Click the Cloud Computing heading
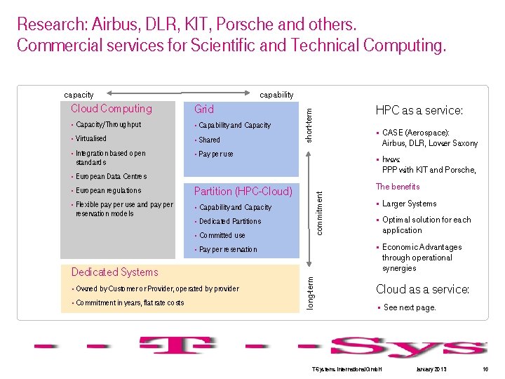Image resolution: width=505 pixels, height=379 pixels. [x=111, y=109]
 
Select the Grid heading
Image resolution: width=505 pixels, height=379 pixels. [x=204, y=109]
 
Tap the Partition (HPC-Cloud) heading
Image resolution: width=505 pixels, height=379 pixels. [x=243, y=192]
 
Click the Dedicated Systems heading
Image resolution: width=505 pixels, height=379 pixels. [x=115, y=272]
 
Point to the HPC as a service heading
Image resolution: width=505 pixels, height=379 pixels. [x=419, y=110]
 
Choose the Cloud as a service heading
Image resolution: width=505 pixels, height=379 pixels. [x=422, y=289]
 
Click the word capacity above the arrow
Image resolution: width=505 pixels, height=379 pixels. [x=79, y=95]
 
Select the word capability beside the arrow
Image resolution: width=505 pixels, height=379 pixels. [x=276, y=95]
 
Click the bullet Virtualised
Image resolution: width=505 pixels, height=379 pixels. [x=91, y=139]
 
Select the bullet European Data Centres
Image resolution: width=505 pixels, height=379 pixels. [x=111, y=176]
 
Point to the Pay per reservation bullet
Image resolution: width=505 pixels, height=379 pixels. [x=228, y=249]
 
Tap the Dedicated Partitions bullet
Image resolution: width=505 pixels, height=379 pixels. [x=230, y=221]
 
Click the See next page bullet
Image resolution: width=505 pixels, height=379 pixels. [x=410, y=307]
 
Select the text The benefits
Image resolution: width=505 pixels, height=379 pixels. [x=398, y=187]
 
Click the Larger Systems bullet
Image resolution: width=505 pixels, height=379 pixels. [x=410, y=204]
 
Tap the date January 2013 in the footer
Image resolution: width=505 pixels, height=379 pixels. [x=431, y=369]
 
